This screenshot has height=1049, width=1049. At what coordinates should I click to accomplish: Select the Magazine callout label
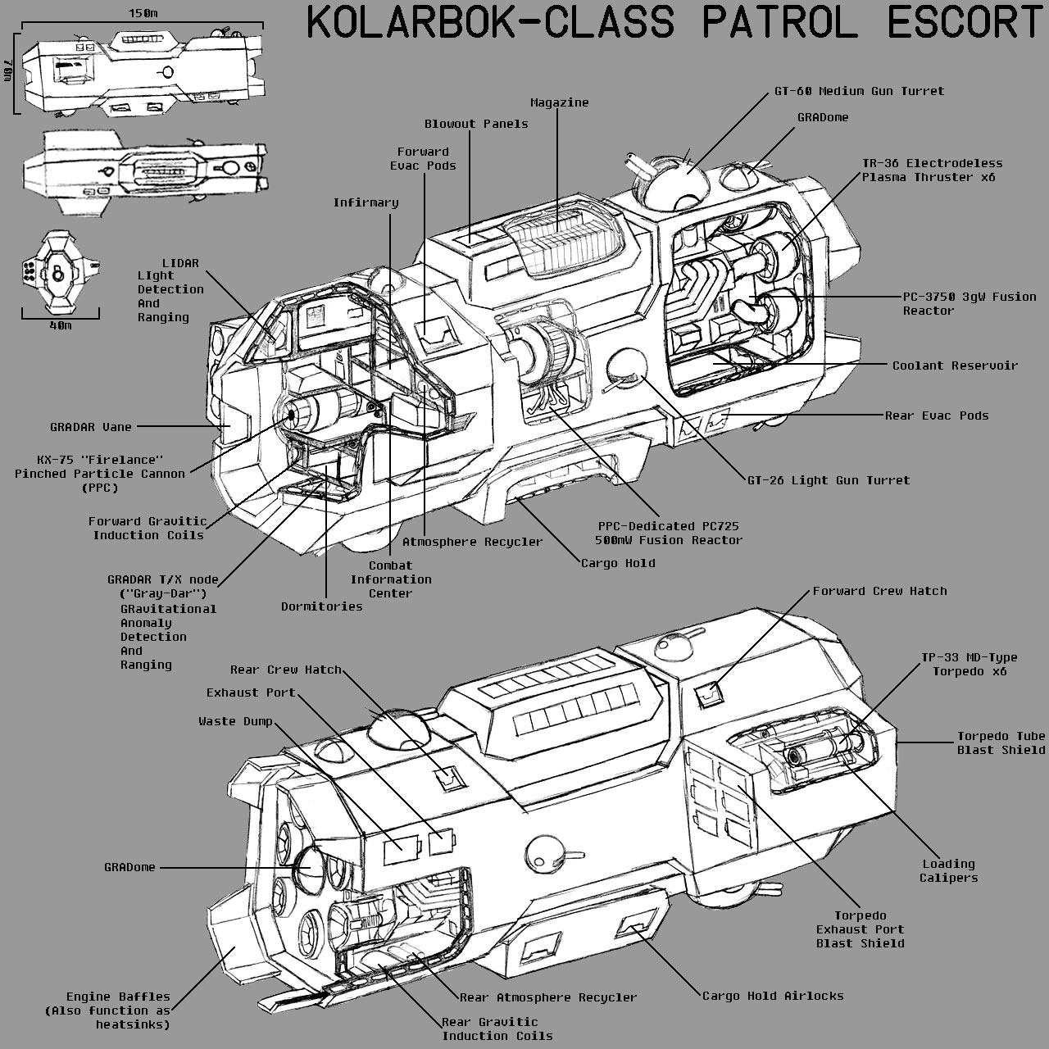click(559, 102)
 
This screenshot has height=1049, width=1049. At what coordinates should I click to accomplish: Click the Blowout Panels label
click(476, 124)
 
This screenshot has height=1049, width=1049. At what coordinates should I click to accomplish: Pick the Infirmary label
click(366, 202)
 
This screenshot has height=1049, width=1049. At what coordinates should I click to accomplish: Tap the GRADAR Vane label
click(90, 427)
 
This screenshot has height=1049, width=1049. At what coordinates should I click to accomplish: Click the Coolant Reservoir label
click(955, 366)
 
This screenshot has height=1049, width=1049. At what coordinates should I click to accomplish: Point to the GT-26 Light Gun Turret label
click(828, 480)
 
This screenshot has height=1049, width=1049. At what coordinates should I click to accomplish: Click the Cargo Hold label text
click(618, 563)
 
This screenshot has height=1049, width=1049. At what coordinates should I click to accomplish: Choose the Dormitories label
click(321, 606)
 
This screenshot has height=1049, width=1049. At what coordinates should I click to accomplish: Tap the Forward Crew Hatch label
click(879, 591)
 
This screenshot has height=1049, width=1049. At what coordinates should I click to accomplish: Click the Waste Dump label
click(235, 722)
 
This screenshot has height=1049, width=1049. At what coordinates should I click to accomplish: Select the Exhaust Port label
click(251, 693)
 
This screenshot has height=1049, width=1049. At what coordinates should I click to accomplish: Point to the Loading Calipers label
click(948, 870)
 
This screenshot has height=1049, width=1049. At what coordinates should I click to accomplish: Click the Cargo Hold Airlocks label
click(773, 996)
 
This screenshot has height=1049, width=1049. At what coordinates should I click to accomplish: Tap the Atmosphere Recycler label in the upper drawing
click(472, 542)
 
